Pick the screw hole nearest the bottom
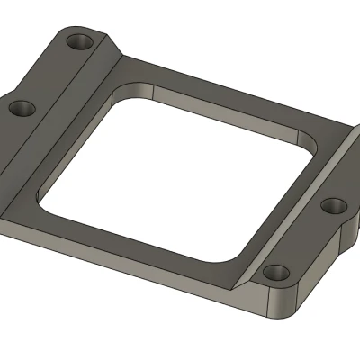pyautogui.click(x=274, y=271)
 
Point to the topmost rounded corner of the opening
pyautogui.click(x=135, y=89)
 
